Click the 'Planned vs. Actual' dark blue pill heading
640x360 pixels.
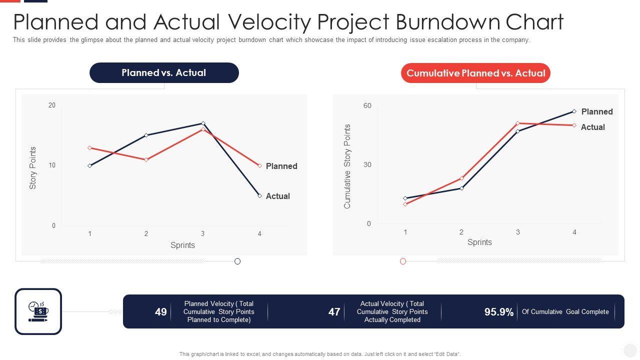[164, 73]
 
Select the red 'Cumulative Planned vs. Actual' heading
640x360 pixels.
[475, 73]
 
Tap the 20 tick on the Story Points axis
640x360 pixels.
[52, 105]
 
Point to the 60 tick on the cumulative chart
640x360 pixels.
[367, 105]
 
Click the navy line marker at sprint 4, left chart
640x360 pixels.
[259, 195]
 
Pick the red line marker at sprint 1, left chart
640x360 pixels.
[90, 148]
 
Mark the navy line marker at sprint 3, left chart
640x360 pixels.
[203, 123]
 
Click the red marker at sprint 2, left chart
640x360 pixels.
[146, 159]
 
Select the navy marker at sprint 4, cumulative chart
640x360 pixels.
[574, 111]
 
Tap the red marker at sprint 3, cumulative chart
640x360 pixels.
[518, 123]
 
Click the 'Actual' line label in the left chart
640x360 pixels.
[278, 196]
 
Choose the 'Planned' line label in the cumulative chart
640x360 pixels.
[597, 112]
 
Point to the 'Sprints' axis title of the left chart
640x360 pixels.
[182, 245]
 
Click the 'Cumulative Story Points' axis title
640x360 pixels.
[347, 166]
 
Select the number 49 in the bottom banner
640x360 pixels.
[161, 312]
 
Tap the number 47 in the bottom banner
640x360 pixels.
[334, 312]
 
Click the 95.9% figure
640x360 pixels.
[499, 312]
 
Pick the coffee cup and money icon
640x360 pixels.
[38, 311]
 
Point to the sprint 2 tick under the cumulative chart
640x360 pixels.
[461, 232]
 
